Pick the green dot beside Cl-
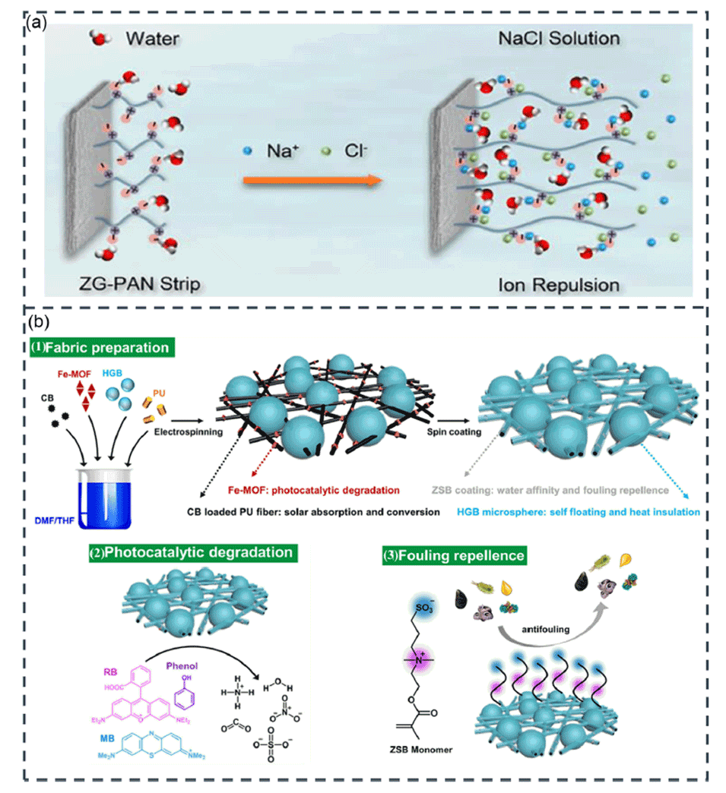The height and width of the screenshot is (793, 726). [x=327, y=150]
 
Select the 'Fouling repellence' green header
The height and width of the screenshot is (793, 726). [x=455, y=555]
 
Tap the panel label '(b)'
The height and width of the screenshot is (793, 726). [x=39, y=322]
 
